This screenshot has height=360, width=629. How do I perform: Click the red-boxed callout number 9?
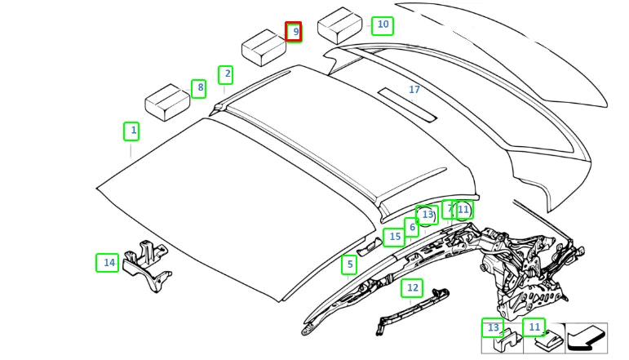point(294,32)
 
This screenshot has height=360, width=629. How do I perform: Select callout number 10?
point(383,25)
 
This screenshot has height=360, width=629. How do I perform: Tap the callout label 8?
point(199,88)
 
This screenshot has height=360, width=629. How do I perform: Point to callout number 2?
point(225,74)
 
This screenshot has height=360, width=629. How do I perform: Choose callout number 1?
point(131,131)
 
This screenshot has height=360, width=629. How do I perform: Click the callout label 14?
point(107,263)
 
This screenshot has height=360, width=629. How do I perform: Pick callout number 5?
point(349,264)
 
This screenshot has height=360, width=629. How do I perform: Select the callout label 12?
point(412,288)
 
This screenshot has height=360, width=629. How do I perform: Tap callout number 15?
point(394,238)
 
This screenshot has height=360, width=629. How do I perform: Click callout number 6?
point(411,228)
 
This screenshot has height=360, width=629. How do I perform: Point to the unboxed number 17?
point(414,90)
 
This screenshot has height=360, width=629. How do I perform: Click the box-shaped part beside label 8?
point(167,102)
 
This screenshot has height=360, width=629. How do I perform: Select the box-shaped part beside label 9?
point(264,48)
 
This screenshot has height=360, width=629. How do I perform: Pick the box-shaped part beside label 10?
point(339,25)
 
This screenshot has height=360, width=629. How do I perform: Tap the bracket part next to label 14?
point(147,265)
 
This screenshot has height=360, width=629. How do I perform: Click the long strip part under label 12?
point(412,311)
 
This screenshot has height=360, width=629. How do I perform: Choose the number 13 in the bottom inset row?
point(493,328)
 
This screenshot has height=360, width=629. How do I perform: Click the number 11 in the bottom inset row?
point(534,327)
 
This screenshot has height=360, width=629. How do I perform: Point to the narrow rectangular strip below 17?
point(407,104)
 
